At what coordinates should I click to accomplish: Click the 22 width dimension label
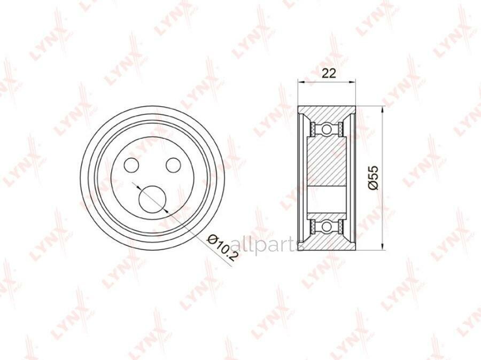(x=329, y=73)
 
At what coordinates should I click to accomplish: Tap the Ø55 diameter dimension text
(x=374, y=177)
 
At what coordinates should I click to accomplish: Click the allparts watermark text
(x=266, y=245)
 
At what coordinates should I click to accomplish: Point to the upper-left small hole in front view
(x=131, y=165)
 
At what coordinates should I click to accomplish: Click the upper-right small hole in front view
(x=173, y=165)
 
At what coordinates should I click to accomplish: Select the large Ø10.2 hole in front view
(x=152, y=199)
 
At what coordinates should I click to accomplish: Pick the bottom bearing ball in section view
(x=327, y=226)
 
